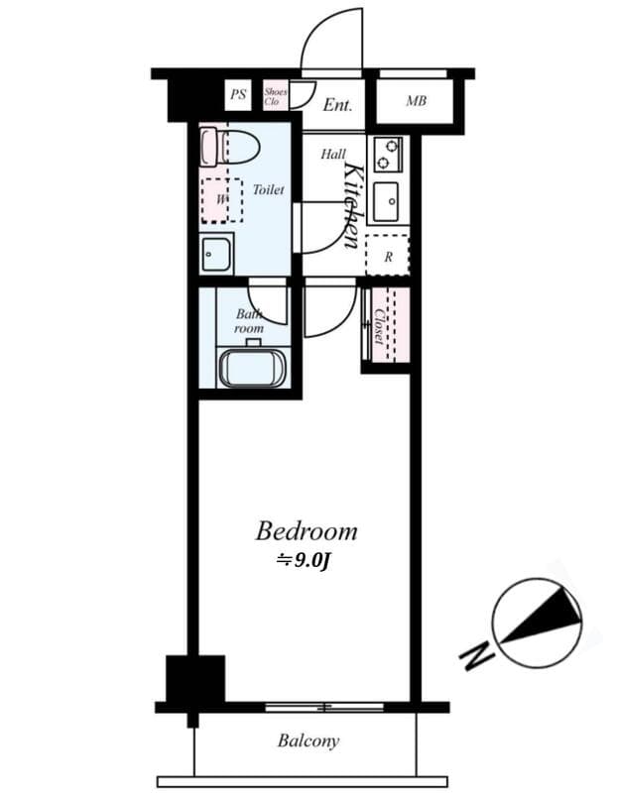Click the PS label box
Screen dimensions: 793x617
(x=238, y=95)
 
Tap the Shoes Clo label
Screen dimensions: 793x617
(x=275, y=96)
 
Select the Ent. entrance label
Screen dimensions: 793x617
(x=338, y=104)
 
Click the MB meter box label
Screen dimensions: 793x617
(x=417, y=101)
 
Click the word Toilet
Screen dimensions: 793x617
(x=268, y=189)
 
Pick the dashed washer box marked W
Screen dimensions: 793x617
(x=222, y=199)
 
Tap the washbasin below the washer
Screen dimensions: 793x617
(x=215, y=255)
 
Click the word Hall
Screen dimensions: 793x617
(x=332, y=155)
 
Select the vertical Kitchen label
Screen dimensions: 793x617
(x=351, y=204)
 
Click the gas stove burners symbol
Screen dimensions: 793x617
(x=387, y=154)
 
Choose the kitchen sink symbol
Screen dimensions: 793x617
(x=386, y=202)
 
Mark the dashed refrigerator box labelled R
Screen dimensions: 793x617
(x=388, y=255)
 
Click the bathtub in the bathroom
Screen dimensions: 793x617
(x=253, y=368)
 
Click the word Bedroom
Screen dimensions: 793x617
(x=306, y=531)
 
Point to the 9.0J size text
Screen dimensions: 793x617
(x=304, y=560)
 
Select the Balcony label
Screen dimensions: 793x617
(x=308, y=740)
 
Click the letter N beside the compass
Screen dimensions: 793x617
(x=476, y=654)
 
